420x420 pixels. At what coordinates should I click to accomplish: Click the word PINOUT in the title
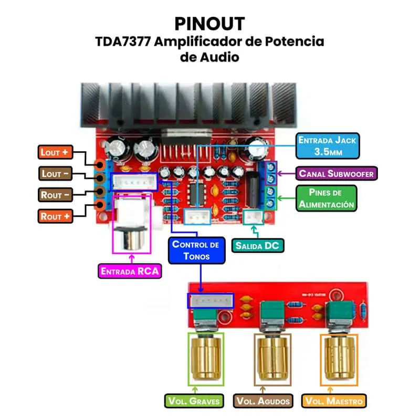point(210,24)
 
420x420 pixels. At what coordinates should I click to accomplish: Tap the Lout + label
point(55,152)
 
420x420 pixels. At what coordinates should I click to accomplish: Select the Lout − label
point(55,173)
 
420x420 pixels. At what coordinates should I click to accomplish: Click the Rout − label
point(55,195)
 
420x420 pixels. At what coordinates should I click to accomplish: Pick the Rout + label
point(55,216)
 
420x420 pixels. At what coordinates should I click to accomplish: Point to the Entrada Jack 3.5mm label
point(328,146)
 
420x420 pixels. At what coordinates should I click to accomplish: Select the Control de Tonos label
point(195,250)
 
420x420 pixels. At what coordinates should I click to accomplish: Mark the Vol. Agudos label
point(263,401)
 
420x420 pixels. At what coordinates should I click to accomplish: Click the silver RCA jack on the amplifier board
point(132,239)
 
